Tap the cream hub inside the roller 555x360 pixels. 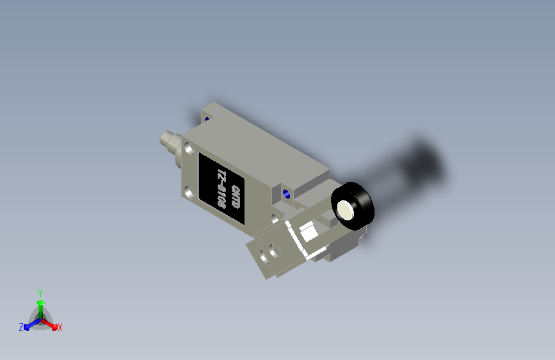pyautogui.click(x=346, y=210)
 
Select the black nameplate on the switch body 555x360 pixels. pyautogui.click(x=221, y=189)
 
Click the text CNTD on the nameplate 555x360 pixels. pyautogui.click(x=236, y=197)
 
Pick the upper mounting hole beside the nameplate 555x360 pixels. pyautogui.click(x=189, y=149)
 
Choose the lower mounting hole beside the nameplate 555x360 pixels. pyautogui.click(x=189, y=192)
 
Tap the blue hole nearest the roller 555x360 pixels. pyautogui.click(x=286, y=193)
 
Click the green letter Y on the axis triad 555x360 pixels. pyautogui.click(x=40, y=291)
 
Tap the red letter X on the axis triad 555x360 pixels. pyautogui.click(x=60, y=328)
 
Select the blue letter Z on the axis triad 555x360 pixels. pyautogui.click(x=21, y=327)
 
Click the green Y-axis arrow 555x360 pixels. pyautogui.click(x=40, y=304)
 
